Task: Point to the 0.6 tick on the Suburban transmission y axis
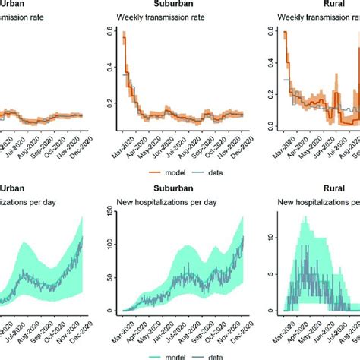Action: tap(109, 35)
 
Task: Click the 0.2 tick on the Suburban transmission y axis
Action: tap(109, 103)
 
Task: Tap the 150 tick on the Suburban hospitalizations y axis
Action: tap(109, 217)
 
